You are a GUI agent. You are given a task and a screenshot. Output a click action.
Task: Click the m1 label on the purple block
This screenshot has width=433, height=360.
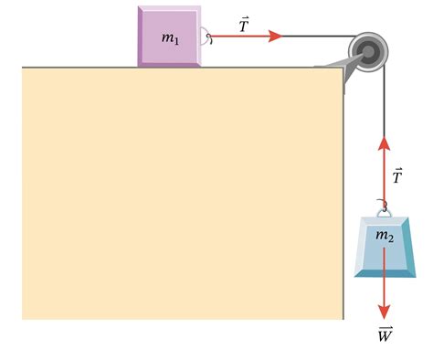point(170,38)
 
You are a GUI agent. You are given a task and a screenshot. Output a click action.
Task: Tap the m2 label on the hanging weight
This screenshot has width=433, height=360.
point(385,237)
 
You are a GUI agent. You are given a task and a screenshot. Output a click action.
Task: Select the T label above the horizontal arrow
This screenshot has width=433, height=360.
point(244,25)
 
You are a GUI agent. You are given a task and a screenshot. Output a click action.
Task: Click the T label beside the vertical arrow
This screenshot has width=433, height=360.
point(397,175)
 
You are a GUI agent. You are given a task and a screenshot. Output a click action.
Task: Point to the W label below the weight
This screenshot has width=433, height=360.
point(385,335)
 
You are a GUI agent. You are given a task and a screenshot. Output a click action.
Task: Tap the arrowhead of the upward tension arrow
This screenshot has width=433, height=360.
point(384,144)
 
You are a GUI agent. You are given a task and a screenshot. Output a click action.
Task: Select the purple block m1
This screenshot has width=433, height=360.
point(169,50)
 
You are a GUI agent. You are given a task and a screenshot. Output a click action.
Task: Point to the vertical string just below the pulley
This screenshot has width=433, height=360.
point(384,101)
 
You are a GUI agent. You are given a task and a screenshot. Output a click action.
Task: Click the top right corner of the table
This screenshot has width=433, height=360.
point(343,68)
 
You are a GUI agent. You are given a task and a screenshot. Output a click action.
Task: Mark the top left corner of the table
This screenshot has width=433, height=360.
point(23,68)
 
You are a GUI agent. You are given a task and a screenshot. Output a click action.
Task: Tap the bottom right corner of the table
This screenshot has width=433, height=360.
point(343,319)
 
